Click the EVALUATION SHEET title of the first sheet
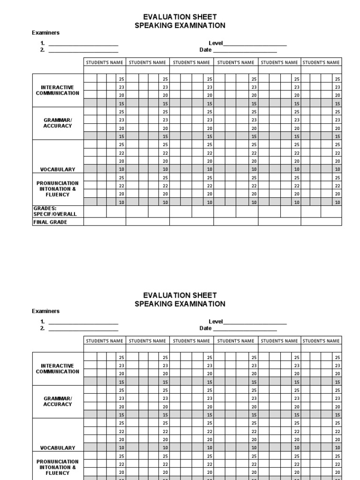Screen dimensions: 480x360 [x=180, y=17]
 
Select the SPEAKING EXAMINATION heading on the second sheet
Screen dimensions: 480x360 [x=180, y=304]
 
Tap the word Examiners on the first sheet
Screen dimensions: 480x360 [x=45, y=33]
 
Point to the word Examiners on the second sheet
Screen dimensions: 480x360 [x=45, y=311]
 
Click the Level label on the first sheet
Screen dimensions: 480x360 [x=216, y=43]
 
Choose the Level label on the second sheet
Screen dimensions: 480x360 [x=216, y=322]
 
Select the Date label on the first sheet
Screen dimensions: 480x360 [x=205, y=50]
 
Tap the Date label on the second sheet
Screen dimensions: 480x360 [x=205, y=328]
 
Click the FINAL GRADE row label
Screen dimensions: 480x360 [x=50, y=222]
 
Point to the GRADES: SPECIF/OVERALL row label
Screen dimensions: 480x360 [x=55, y=211]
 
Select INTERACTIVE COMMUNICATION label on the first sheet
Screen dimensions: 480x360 [x=58, y=90]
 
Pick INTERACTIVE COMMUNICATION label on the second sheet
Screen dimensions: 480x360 [x=58, y=368]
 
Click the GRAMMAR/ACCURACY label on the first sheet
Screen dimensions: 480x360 [x=58, y=123]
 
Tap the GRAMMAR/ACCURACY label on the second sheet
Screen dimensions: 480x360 [x=58, y=401]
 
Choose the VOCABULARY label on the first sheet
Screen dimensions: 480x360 [x=58, y=169]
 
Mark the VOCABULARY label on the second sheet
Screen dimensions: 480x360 [x=58, y=448]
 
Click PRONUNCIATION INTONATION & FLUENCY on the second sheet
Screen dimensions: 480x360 [x=58, y=467]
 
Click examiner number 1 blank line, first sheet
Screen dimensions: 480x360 [x=83, y=44]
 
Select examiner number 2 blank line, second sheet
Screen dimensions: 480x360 [x=83, y=329]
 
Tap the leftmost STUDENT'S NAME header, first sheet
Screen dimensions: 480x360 [x=104, y=62]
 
